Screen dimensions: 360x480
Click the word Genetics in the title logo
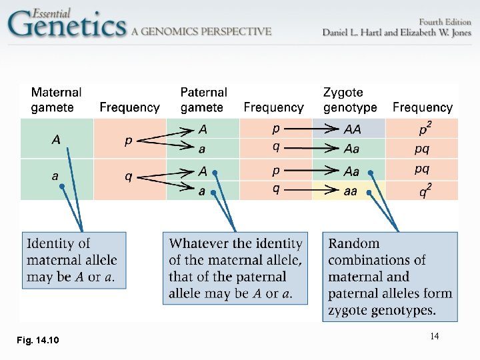[x=67, y=25]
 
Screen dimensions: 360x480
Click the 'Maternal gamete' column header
[x=56, y=100]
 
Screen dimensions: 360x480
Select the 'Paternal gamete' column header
[x=203, y=100]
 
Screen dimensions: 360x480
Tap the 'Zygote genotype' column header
[x=350, y=100]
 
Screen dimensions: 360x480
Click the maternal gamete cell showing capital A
[x=56, y=139]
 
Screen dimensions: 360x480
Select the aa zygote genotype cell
[x=350, y=191]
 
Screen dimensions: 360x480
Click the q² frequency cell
[x=423, y=191]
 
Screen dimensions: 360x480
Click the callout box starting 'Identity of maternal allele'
[x=74, y=260]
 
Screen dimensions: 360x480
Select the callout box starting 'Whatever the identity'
[x=235, y=268]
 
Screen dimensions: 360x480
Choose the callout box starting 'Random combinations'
[x=390, y=276]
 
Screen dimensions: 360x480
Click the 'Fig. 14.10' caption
[x=38, y=341]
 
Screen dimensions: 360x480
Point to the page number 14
[x=434, y=337]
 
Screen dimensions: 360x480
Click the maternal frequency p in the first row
[x=129, y=141]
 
